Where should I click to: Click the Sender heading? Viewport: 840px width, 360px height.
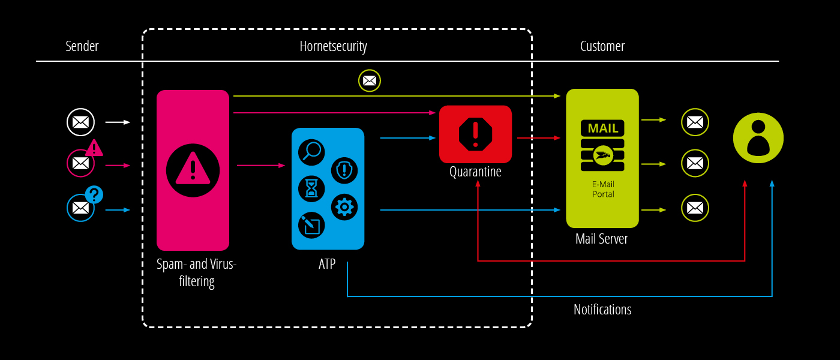(82, 46)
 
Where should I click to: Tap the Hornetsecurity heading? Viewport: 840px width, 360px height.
(333, 46)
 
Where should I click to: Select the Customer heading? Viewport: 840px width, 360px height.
(602, 46)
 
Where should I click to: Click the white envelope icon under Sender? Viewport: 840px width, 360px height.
(80, 122)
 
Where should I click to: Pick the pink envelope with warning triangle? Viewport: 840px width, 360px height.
(80, 163)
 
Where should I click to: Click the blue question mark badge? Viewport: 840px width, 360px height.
(94, 194)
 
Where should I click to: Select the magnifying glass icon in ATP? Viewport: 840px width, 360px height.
(311, 152)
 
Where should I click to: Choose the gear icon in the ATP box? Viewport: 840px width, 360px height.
(344, 207)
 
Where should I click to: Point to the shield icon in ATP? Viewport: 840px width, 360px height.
(344, 170)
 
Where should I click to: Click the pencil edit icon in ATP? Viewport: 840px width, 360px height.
(311, 225)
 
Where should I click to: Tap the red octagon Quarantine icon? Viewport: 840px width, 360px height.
(475, 134)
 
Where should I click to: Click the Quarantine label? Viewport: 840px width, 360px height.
(475, 172)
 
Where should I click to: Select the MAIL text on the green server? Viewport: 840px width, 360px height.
(602, 128)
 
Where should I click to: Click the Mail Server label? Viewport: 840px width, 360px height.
(601, 239)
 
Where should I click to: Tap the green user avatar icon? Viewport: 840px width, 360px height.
(758, 138)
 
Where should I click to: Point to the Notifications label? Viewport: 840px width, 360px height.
(602, 310)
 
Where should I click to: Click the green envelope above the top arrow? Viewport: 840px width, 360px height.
(370, 80)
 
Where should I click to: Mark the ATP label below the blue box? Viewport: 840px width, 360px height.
(328, 263)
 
